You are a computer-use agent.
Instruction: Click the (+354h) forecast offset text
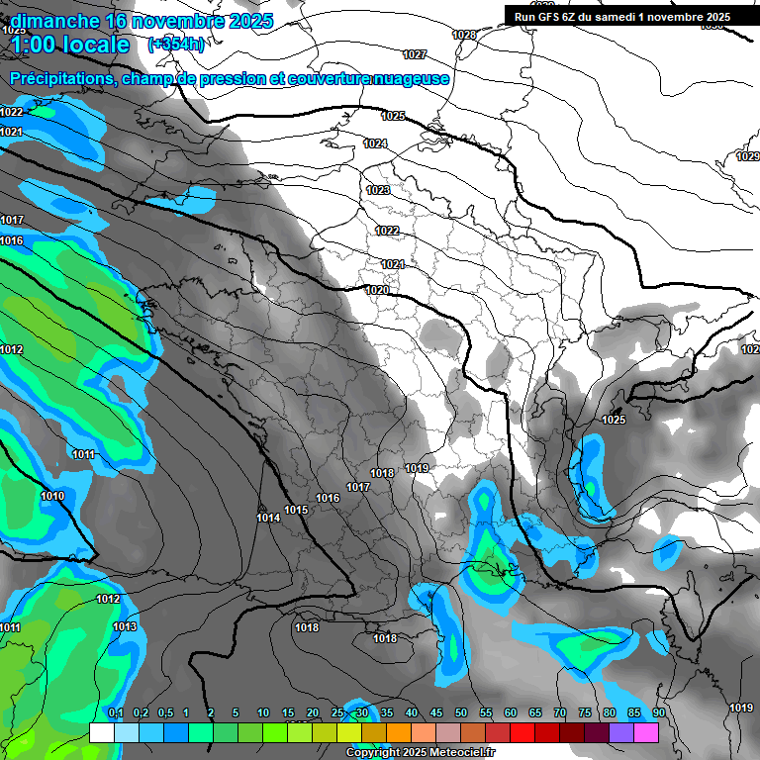[x=176, y=44]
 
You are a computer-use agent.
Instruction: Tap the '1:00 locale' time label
[x=70, y=45]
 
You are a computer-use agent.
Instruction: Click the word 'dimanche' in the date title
[x=48, y=21]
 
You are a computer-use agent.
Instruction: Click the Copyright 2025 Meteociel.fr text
[x=421, y=752]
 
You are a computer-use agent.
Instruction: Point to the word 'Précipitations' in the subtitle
[x=60, y=78]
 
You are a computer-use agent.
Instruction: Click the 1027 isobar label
[x=415, y=54]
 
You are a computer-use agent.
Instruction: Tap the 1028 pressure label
[x=463, y=35]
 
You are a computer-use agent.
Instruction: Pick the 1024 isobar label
[x=374, y=143]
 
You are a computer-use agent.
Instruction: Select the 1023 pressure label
[x=378, y=190]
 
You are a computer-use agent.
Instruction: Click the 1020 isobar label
[x=376, y=290]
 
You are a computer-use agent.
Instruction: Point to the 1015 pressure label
[x=296, y=511]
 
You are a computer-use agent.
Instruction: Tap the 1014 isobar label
[x=267, y=518]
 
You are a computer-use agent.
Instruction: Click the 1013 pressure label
[x=125, y=626]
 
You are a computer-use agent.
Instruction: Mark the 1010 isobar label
[x=52, y=496]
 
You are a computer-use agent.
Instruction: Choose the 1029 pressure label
[x=748, y=157]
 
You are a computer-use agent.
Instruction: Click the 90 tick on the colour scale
[x=658, y=712]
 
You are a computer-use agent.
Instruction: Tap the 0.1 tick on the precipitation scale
[x=115, y=712]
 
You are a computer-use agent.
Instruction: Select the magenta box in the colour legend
[x=646, y=732]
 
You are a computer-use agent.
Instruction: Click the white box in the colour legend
[x=101, y=732]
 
